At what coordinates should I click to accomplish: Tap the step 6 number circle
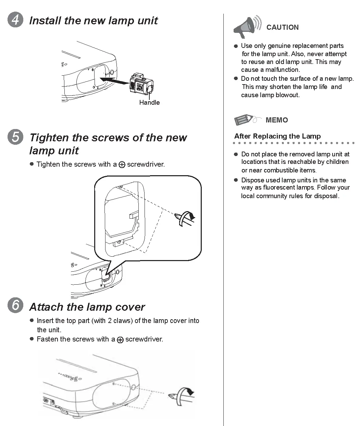15,305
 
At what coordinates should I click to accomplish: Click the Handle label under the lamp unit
149,103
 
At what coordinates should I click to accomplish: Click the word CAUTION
282,27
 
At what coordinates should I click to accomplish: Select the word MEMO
277,120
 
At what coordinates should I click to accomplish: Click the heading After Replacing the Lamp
277,136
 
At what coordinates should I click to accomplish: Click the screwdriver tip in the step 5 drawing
177,216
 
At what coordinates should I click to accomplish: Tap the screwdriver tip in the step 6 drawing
172,396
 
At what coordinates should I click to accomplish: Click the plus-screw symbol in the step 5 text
122,165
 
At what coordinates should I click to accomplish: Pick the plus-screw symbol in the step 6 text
120,340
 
